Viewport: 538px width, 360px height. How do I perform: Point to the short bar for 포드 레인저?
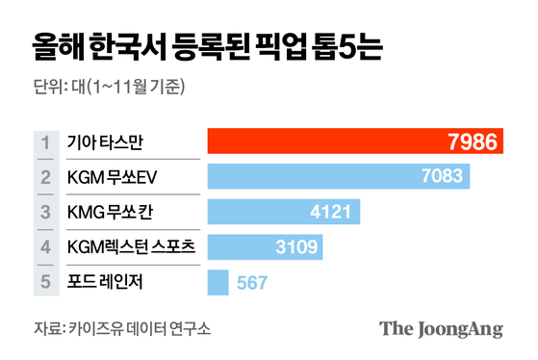point(218,282)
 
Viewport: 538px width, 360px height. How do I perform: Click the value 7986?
point(474,142)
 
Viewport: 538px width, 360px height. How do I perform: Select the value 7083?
point(444,177)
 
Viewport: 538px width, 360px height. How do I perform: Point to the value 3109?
point(295,247)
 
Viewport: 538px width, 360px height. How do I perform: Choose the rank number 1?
point(45,142)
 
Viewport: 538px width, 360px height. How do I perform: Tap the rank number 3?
point(45,212)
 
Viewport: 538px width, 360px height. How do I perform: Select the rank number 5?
point(45,282)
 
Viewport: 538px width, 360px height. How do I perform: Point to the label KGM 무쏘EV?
point(114,177)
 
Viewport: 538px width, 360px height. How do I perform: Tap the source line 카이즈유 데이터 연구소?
point(141,328)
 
